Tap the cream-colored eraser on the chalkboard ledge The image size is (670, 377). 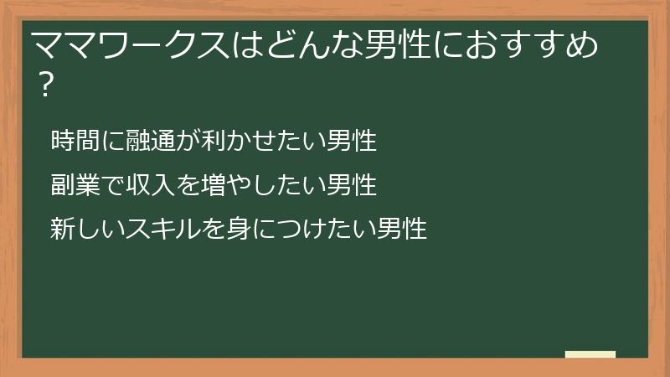click(x=590, y=354)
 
